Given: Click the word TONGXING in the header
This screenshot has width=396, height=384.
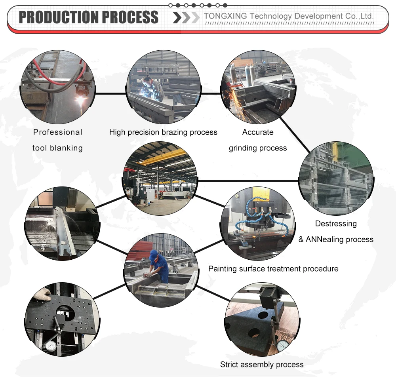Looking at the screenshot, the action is pos(225,16).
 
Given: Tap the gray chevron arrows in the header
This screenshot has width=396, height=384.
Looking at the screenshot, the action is pos(186,17).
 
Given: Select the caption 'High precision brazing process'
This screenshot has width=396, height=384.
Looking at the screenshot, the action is pos(163,132).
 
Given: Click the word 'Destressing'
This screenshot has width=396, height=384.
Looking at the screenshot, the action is pos(336,224).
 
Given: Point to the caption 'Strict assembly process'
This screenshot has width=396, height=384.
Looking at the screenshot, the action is pos(262,365).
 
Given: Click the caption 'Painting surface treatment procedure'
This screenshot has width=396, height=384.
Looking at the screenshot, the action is pos(273,269).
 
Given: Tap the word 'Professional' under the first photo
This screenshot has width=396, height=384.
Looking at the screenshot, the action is pos(58,132).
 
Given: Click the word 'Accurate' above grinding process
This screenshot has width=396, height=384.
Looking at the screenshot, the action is pos(258,132).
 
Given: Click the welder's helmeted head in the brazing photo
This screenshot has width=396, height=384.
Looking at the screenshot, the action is pos(148,82).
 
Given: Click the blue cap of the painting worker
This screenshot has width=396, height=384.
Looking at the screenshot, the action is pos(154,253).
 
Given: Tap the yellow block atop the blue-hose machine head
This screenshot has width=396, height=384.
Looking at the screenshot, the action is pos(261,194).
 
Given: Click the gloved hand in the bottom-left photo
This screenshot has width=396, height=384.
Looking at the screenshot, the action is pos(42,295).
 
